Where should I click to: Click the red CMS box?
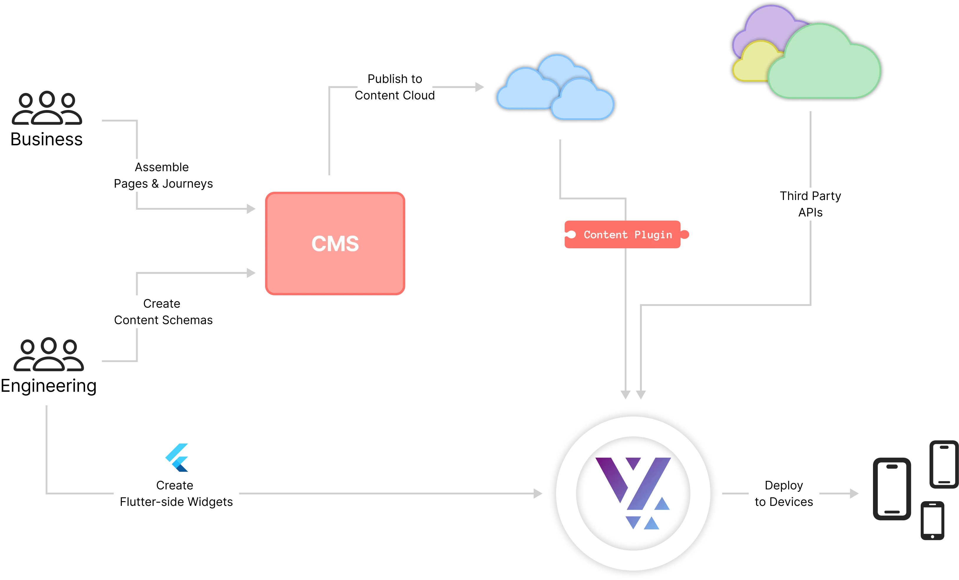click(335, 243)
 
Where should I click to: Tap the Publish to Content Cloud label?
click(394, 87)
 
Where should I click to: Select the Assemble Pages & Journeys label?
click(163, 175)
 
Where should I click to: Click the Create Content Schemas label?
click(163, 312)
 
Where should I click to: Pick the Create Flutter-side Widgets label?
click(176, 493)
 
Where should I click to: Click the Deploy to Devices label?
click(783, 493)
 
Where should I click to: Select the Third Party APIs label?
click(810, 204)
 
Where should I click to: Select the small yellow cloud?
click(753, 62)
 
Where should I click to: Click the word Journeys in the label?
click(188, 184)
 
